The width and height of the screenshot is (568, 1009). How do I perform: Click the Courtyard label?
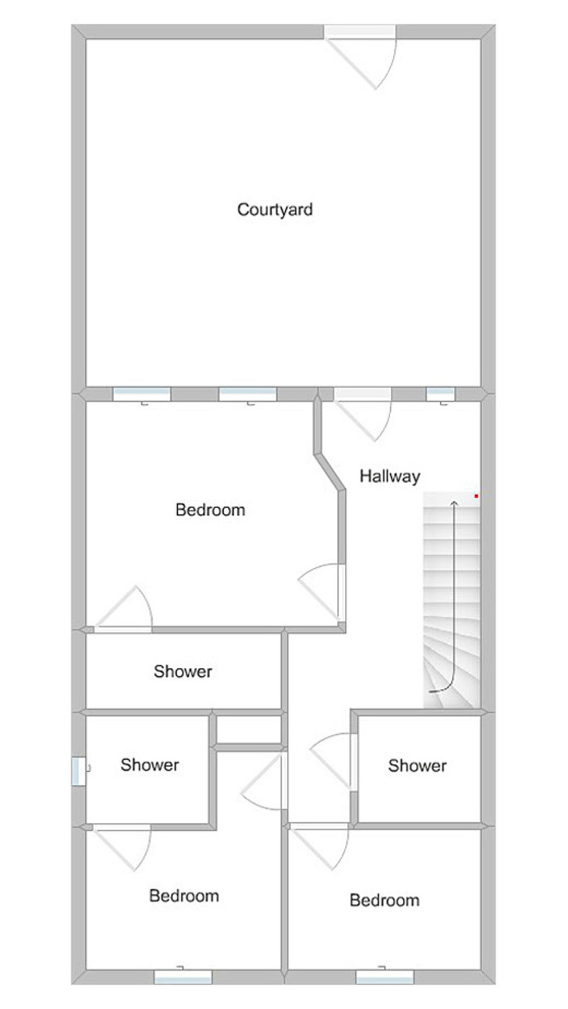pyautogui.click(x=274, y=210)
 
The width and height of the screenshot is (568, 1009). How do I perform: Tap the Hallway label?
pyautogui.click(x=390, y=476)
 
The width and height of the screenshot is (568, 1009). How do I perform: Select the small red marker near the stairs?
pyautogui.click(x=476, y=496)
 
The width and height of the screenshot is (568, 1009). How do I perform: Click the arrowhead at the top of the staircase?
pyautogui.click(x=454, y=503)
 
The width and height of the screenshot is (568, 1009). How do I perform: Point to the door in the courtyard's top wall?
pyautogui.click(x=360, y=32)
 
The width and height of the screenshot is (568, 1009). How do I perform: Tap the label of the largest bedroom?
pyautogui.click(x=210, y=510)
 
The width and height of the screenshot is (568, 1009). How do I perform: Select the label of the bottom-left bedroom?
pyautogui.click(x=184, y=896)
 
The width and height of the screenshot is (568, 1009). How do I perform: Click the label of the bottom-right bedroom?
pyautogui.click(x=385, y=900)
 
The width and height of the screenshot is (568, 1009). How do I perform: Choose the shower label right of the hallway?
pyautogui.click(x=417, y=765)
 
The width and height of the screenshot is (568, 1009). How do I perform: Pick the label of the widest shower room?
pyautogui.click(x=183, y=671)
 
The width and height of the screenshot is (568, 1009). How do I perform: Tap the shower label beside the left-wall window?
pyautogui.click(x=149, y=765)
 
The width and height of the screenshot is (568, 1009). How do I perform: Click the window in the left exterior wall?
pyautogui.click(x=78, y=772)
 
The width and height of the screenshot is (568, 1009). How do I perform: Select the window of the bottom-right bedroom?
pyautogui.click(x=385, y=977)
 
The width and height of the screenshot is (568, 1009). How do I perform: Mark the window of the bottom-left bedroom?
pyautogui.click(x=183, y=977)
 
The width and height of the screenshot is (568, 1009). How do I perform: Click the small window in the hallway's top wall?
pyautogui.click(x=441, y=393)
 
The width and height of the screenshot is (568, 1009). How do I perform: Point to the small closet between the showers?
pyautogui.click(x=249, y=730)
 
